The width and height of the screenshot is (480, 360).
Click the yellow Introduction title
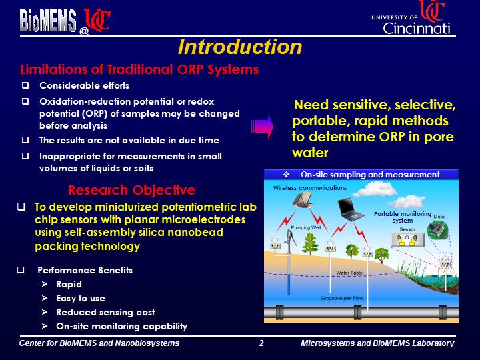[x=240, y=47]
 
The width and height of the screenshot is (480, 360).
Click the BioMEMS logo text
[x=48, y=21]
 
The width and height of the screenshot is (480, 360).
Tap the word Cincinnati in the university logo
[x=416, y=29]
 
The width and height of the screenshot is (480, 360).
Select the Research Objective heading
[x=131, y=190]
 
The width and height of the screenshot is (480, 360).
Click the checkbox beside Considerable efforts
[x=25, y=85]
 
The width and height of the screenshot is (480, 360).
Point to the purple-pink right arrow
[x=262, y=127]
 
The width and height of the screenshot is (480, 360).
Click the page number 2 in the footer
[x=261, y=343]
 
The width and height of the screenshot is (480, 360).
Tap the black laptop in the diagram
[x=351, y=209]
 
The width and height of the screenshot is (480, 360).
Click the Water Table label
[x=349, y=273]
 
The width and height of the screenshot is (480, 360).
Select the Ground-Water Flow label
[x=342, y=298]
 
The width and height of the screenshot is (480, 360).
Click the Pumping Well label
[x=305, y=227]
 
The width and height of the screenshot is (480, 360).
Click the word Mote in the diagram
[x=439, y=217]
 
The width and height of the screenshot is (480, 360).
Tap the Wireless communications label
[x=310, y=188]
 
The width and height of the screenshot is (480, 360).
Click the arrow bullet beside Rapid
[x=45, y=285]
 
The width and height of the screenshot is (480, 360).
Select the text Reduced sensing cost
[x=105, y=312]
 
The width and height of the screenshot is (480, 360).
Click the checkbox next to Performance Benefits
[x=21, y=270]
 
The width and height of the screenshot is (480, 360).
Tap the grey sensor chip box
[x=407, y=240]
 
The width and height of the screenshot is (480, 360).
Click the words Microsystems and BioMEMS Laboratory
[x=377, y=343]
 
